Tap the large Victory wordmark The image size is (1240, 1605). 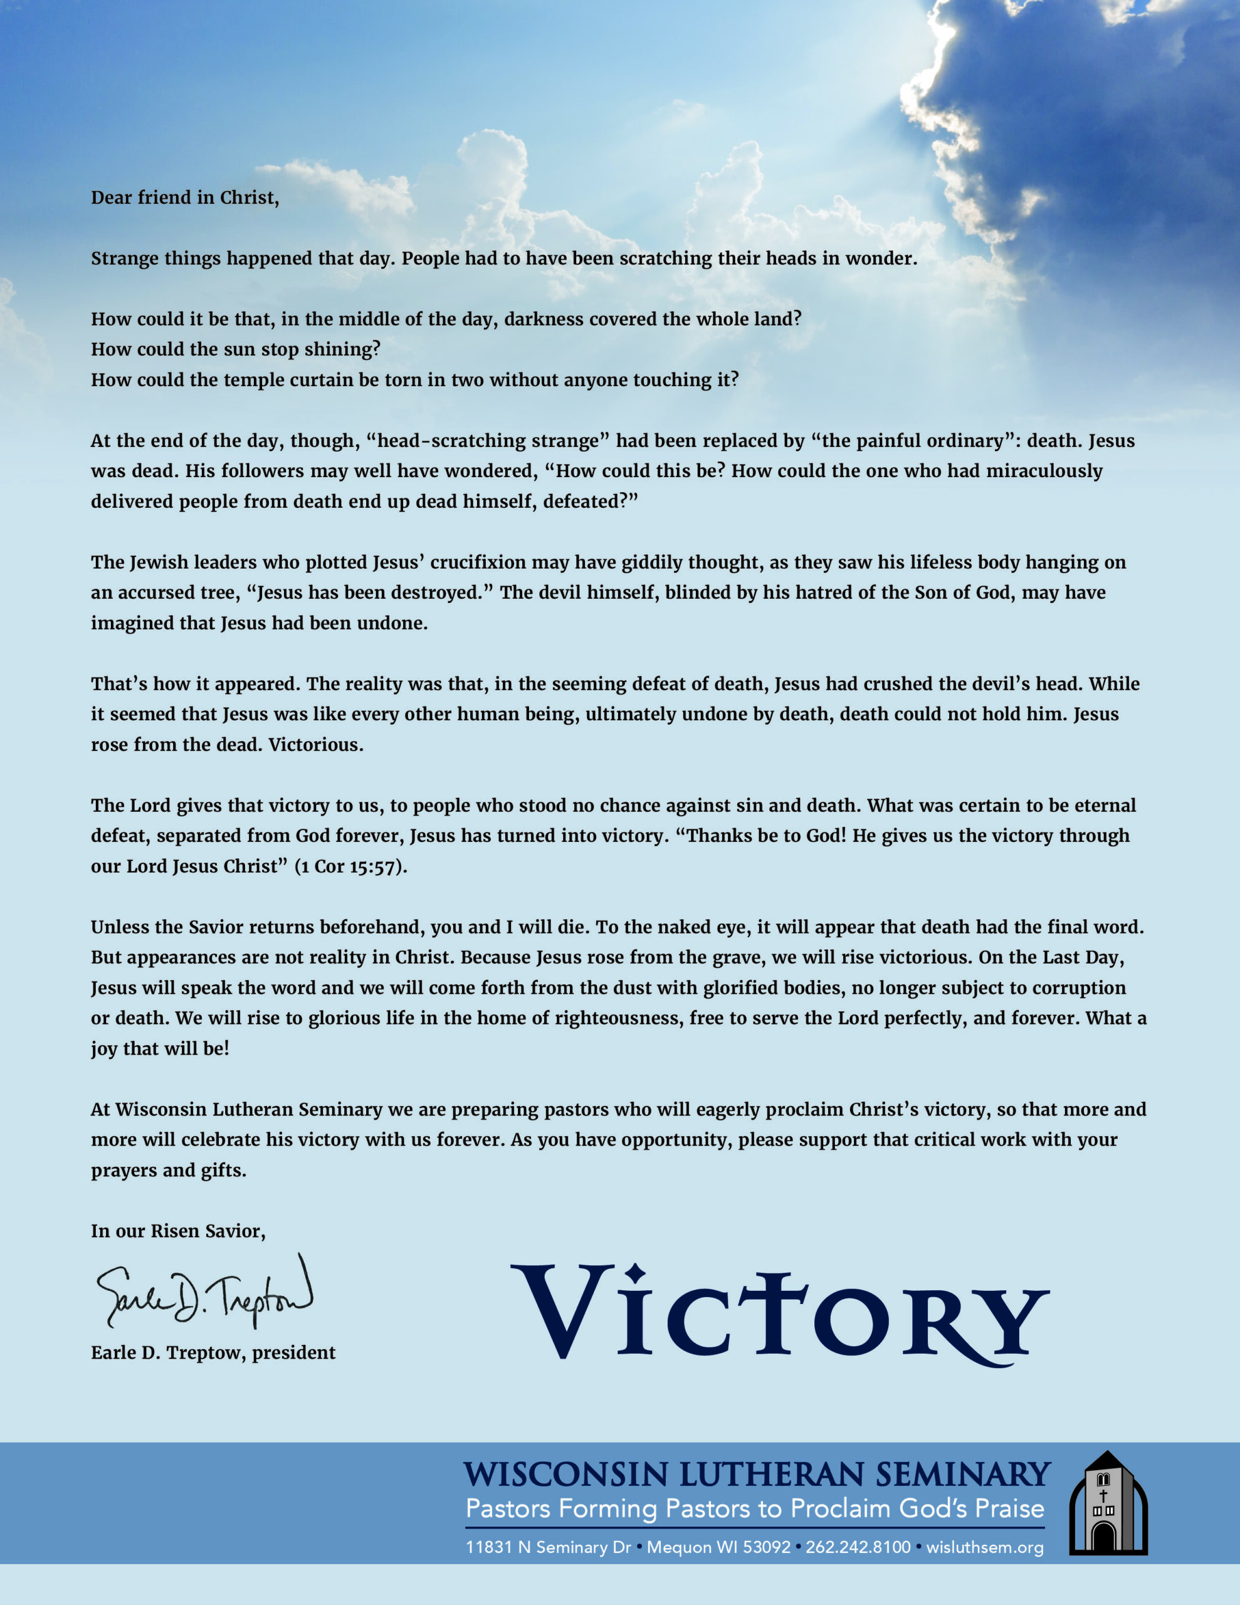(x=779, y=1315)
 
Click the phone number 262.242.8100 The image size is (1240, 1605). (x=858, y=1547)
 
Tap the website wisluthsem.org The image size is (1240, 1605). (x=984, y=1547)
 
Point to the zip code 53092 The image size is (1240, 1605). (x=766, y=1547)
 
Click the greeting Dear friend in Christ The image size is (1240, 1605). (x=184, y=197)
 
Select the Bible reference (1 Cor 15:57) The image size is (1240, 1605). (x=350, y=866)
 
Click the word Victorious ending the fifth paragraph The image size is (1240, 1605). (x=315, y=745)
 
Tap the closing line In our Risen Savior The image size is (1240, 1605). (x=178, y=1231)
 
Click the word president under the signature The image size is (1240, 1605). (x=293, y=1353)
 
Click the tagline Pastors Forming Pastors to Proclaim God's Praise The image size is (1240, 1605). (x=754, y=1508)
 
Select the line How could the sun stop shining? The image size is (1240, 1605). (x=235, y=349)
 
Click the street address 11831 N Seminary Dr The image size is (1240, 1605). (x=549, y=1547)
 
